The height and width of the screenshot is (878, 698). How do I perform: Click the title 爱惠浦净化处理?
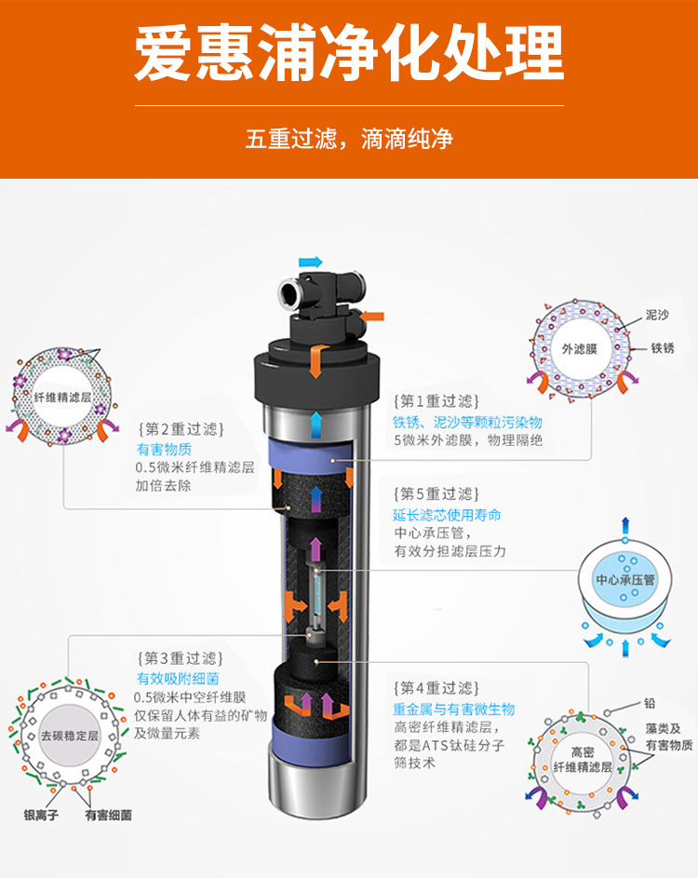349,53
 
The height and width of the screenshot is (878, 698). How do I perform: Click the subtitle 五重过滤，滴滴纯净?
349,139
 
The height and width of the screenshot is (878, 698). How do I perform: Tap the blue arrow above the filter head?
311,262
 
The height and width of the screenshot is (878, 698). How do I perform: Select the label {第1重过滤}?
436,401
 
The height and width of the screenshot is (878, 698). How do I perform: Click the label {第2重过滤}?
181,429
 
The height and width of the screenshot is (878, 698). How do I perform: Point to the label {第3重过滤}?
181,658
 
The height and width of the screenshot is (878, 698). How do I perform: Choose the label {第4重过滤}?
436,688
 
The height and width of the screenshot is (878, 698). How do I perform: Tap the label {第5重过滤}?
436,493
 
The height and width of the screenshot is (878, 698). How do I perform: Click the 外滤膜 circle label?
579,349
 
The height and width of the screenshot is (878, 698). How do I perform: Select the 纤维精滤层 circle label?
62,398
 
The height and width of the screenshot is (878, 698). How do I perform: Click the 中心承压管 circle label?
625,579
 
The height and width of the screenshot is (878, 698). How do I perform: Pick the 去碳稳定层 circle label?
70,736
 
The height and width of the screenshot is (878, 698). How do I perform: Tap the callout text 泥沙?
657,316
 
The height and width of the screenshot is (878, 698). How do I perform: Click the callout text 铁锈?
663,348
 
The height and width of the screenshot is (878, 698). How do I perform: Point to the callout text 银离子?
41,816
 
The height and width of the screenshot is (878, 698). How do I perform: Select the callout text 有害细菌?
109,816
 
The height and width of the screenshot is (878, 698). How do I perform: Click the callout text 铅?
650,703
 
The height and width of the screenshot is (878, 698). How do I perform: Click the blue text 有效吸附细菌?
178,679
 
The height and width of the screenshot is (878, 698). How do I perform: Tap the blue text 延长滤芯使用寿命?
447,515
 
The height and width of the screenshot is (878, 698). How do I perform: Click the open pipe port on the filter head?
290,293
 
